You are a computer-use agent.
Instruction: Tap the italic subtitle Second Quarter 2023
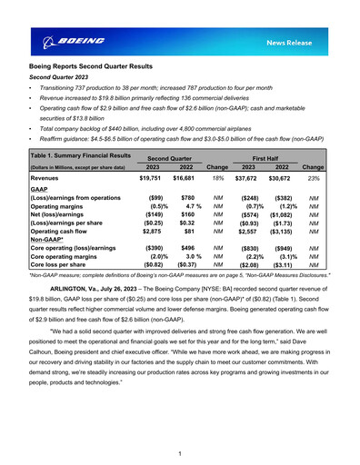point(61,78)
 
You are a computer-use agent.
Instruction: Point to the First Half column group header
point(265,157)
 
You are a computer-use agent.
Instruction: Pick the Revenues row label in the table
point(51,180)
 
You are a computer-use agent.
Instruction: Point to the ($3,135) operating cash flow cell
point(280,233)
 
